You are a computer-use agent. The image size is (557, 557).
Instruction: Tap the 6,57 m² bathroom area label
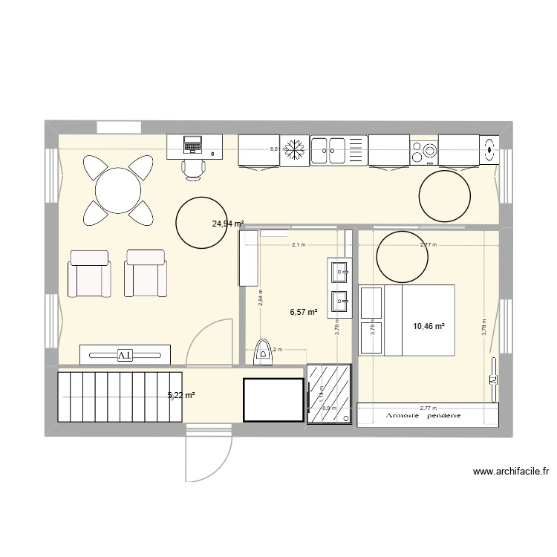[x=303, y=313]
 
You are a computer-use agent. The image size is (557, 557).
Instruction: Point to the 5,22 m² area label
[x=181, y=395]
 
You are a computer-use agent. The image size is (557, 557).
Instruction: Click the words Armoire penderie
[x=423, y=416]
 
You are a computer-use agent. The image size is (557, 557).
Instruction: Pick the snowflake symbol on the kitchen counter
[x=296, y=150]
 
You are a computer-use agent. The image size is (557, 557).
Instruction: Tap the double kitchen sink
[x=329, y=150]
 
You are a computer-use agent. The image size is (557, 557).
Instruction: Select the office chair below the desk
[x=194, y=169]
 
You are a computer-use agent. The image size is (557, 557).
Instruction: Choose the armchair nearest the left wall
[x=90, y=273]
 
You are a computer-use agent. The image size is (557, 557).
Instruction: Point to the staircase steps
[x=120, y=395]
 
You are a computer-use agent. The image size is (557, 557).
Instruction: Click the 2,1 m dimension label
[x=298, y=244]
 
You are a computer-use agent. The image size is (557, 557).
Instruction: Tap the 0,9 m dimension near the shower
[x=329, y=407]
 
